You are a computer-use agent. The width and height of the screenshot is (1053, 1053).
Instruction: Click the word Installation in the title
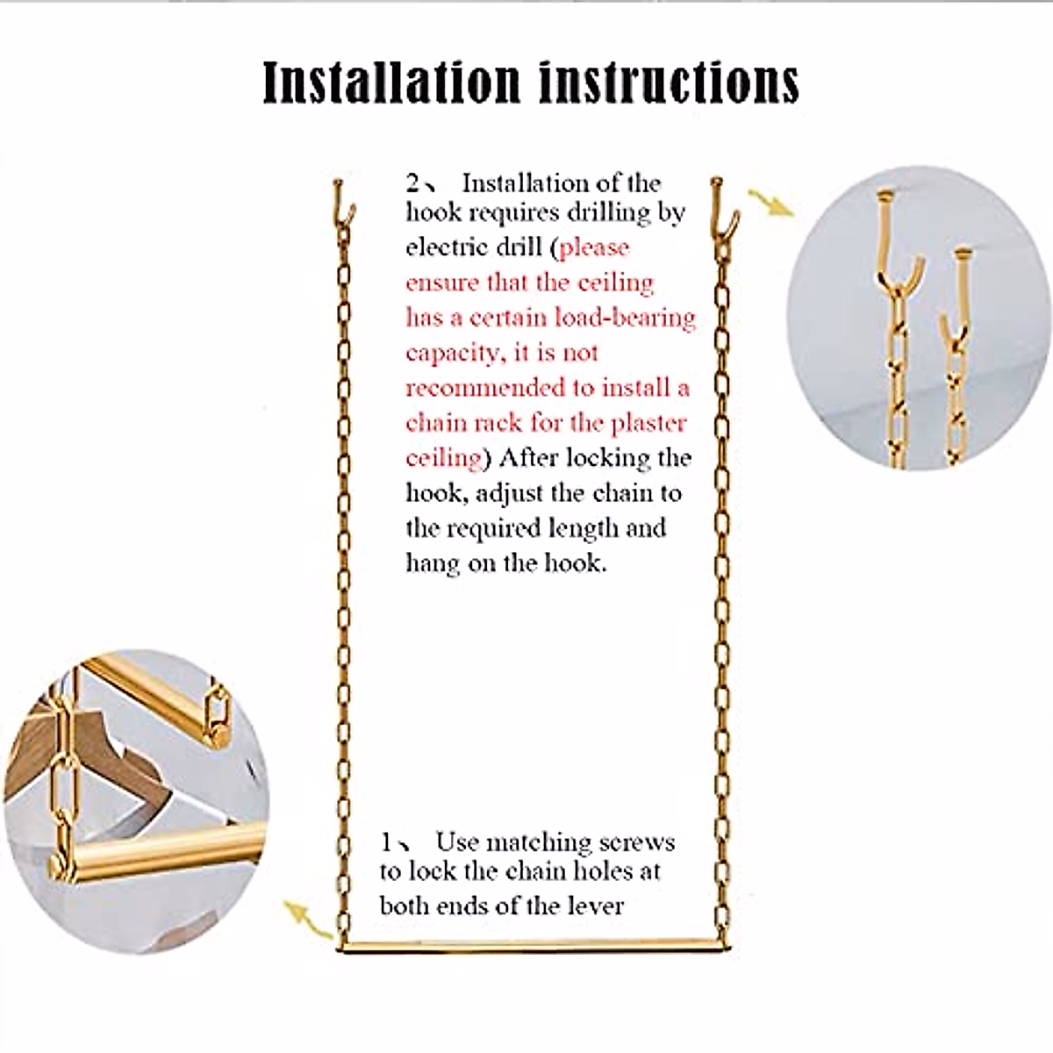click(x=391, y=82)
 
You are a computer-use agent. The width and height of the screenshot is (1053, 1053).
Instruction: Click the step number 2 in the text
click(x=413, y=183)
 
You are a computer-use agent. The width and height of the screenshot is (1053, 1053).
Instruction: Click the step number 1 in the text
click(x=387, y=843)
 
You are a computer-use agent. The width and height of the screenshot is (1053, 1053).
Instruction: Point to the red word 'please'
click(x=594, y=247)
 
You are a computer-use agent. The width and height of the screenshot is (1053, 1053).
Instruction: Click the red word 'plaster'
click(x=648, y=423)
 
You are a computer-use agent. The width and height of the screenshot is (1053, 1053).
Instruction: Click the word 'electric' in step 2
click(x=447, y=247)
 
